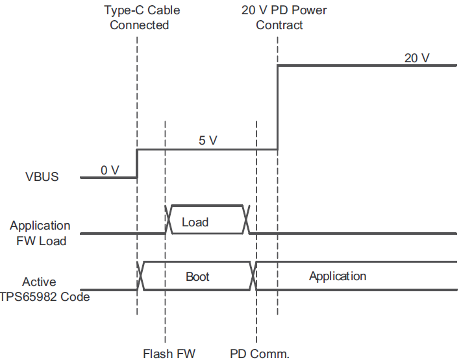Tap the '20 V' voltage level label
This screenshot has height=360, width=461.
pos(417,58)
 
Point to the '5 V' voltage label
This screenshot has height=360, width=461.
pos(207,140)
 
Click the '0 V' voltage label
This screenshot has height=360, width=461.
pos(110,170)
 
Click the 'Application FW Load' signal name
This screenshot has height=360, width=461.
pos(40,233)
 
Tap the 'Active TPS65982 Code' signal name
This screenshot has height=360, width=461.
pos(46,289)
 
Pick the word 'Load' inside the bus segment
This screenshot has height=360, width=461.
pos(195,222)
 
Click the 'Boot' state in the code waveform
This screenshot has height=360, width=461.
pos(197,276)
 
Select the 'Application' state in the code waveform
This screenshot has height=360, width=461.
pos(337,276)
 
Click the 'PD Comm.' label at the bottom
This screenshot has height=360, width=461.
pos(259,354)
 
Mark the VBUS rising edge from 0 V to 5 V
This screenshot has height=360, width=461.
pos(137,163)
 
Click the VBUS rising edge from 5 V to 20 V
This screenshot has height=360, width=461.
pos(278,107)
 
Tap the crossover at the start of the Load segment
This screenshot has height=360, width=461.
pos(169,219)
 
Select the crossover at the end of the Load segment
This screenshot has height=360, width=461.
pos(247,219)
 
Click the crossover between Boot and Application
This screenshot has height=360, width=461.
pos(254,276)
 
